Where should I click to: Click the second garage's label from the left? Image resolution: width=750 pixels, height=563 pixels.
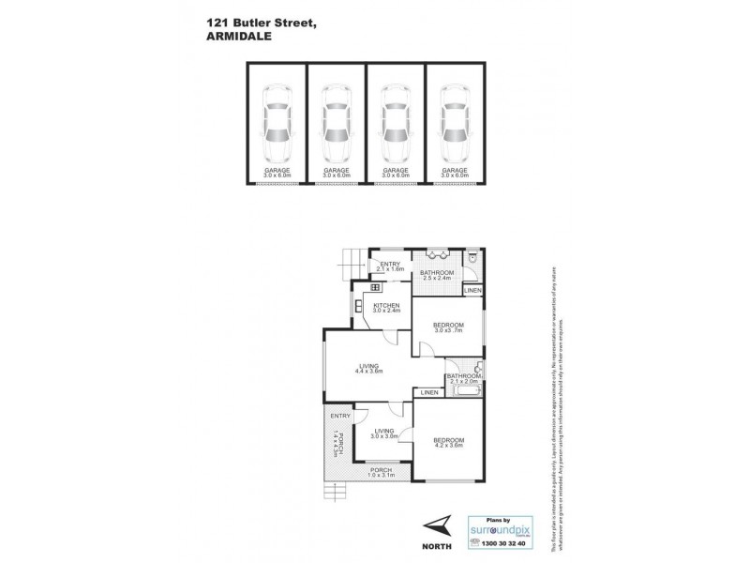point(335,173)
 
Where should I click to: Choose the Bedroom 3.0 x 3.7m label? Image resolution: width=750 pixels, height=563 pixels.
point(450,327)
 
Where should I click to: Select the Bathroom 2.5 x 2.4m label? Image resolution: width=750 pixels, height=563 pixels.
point(437,276)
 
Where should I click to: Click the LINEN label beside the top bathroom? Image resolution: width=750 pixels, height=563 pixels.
point(474,292)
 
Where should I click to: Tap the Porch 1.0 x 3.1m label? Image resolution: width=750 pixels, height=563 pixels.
point(380,473)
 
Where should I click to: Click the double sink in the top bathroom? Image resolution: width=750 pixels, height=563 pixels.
point(437,254)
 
